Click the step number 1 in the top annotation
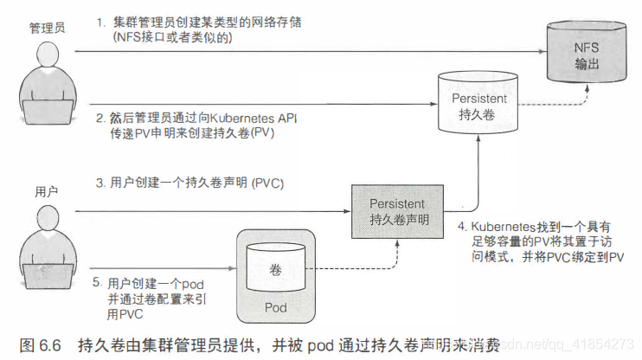(100, 20)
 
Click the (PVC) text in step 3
(266, 183)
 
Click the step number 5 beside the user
(98, 283)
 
